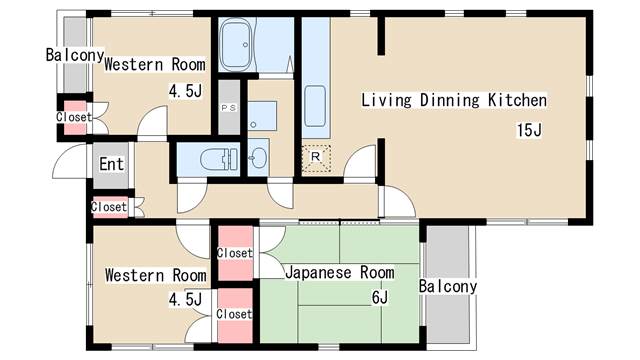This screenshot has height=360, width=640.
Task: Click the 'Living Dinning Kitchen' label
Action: pos(453,100)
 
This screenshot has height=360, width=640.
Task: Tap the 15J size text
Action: pos(529,130)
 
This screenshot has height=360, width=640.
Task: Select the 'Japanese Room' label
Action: pos(339,272)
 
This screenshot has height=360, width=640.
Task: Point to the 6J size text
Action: pos(379,297)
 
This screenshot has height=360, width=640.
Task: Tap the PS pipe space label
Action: pos(228,108)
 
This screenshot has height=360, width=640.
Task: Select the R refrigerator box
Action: pos(316,158)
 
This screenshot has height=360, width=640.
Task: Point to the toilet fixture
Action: pos(218,159)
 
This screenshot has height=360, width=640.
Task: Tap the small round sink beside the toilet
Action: pos(257,158)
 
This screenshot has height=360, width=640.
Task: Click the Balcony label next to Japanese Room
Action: pos(448,287)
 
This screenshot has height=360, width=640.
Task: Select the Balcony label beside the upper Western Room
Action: pos(74,55)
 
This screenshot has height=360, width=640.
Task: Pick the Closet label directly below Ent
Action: pos(109,207)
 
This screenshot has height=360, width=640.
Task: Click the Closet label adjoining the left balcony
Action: pos(73,117)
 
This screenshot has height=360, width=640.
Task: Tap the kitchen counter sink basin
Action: pos(315,104)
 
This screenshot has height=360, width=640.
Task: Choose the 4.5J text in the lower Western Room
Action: pos(184,299)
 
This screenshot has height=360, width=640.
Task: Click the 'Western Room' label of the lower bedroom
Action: pos(155,275)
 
